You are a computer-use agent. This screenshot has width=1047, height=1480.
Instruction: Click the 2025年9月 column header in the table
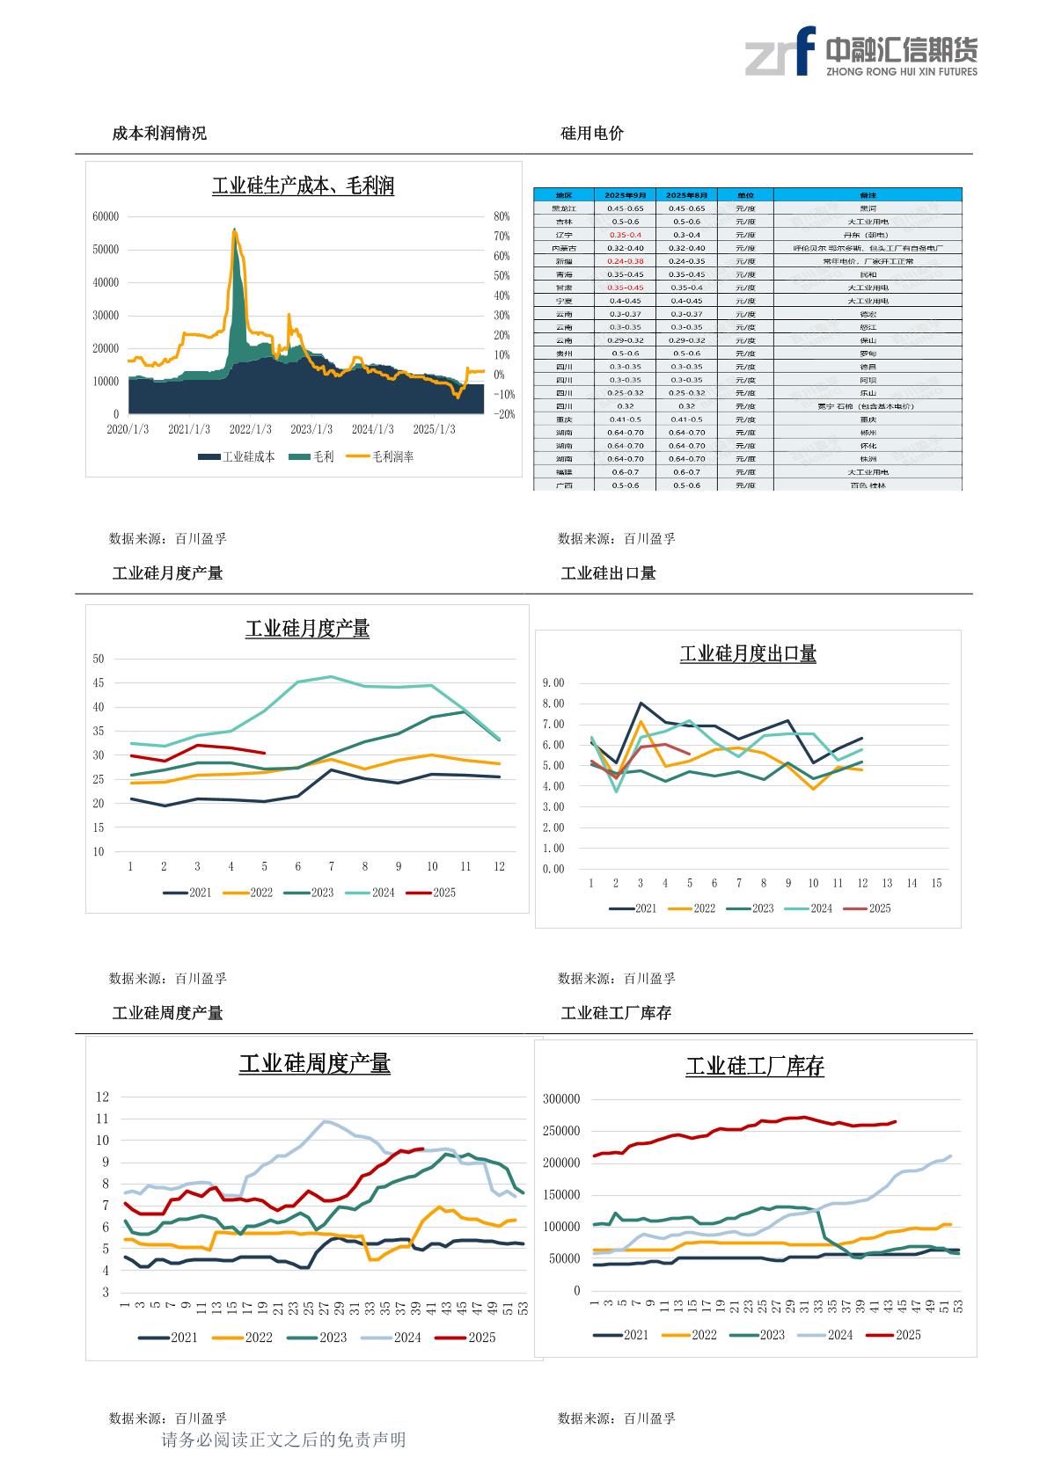pos(626,194)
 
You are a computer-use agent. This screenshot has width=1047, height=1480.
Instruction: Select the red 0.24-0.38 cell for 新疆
pos(626,261)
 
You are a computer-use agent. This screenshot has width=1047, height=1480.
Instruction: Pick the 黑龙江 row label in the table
pos(563,208)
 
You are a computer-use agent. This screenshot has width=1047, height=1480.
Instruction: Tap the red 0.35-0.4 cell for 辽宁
pos(626,235)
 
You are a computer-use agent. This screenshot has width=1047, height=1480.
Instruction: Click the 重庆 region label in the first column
pos(563,419)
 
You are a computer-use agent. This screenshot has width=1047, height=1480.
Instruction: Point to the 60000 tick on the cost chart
pos(106,216)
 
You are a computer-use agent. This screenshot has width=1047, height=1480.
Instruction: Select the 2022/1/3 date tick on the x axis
pos(251,429)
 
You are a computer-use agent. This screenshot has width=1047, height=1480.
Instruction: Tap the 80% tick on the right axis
pos(502,216)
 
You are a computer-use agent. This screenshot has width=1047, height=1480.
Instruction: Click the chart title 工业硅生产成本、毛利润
pos(304,186)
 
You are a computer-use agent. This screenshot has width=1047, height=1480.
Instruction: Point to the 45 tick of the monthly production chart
pos(99,683)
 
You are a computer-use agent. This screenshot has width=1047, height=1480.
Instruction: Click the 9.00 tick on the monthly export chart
pos(553,683)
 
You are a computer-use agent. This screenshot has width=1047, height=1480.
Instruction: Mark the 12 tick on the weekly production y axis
pos(103,1097)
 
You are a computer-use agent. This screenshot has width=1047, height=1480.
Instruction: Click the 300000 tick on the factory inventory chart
pos(561,1099)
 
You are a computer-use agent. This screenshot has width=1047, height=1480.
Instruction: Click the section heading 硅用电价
pos(592,134)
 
